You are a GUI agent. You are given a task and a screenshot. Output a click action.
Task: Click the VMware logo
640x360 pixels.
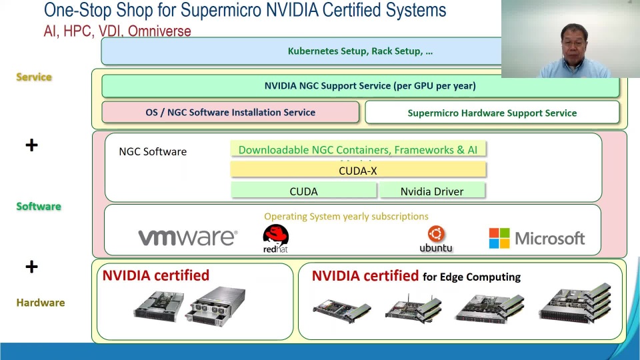[187, 237]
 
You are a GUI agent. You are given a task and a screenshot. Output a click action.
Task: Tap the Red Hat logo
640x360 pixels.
[275, 238]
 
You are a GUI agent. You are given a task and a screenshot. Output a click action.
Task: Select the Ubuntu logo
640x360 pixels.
[436, 238]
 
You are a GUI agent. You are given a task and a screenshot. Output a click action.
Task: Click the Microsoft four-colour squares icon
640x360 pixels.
[499, 238]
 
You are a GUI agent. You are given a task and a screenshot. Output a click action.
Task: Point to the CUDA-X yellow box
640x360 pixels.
[358, 171]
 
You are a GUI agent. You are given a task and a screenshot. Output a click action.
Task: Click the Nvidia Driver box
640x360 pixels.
[432, 191]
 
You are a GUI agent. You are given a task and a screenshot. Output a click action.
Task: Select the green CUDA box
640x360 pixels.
[303, 191]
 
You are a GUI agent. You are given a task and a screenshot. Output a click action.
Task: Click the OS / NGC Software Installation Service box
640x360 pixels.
[230, 113]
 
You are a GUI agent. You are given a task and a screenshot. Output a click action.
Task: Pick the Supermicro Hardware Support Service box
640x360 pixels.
[492, 113]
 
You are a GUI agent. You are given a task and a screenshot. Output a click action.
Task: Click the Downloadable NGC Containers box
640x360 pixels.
[358, 150]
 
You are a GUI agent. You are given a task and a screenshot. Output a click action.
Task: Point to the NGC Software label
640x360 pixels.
[153, 151]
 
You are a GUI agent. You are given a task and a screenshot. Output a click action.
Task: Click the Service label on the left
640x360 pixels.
[34, 77]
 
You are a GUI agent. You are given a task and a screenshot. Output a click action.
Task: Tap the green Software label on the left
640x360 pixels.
[39, 206]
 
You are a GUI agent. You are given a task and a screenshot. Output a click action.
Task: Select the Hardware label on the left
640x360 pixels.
[41, 303]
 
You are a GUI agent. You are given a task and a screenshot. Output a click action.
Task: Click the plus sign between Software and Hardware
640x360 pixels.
[31, 267]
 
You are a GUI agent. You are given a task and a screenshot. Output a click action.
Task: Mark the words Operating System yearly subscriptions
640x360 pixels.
[346, 216]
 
